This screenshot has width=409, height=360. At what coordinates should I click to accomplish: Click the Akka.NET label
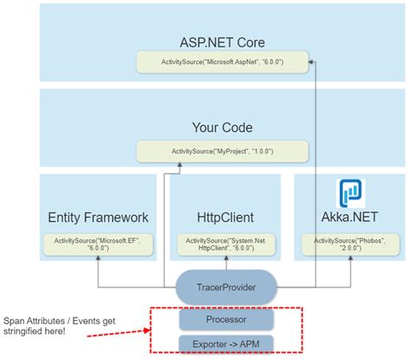pyautogui.click(x=351, y=218)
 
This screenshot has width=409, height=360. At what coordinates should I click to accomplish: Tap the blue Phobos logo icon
pyautogui.click(x=351, y=191)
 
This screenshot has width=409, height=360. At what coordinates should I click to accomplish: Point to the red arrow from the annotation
pyautogui.click(x=122, y=327)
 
